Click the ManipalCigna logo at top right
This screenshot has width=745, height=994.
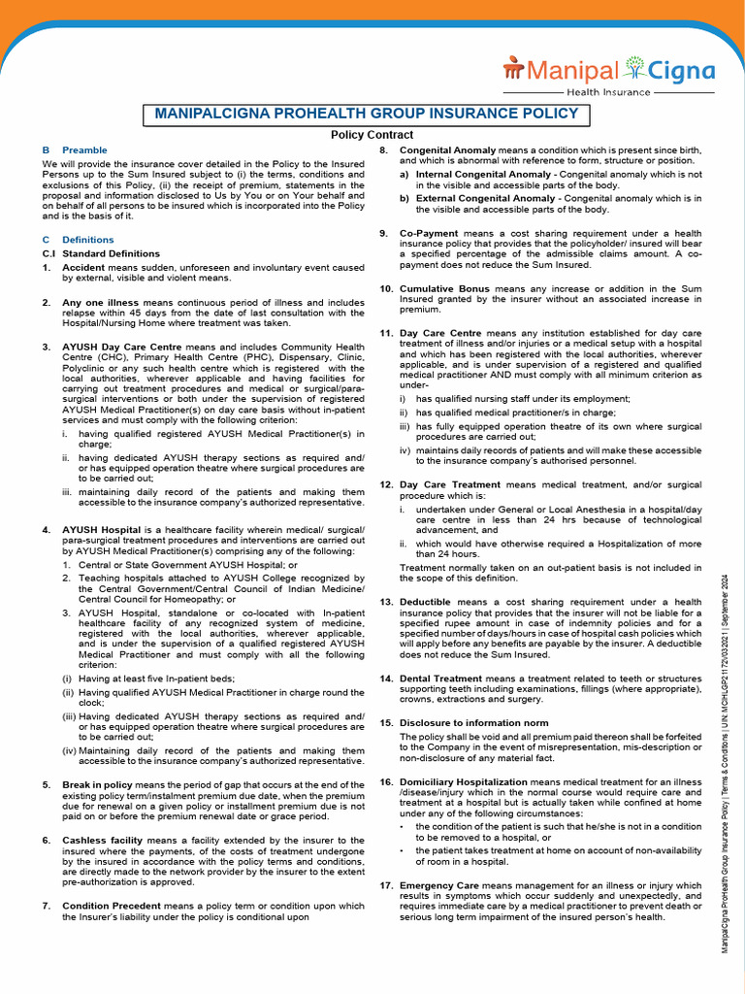point(608,74)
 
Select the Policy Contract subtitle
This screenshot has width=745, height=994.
point(372,135)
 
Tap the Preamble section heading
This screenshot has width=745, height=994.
point(84,150)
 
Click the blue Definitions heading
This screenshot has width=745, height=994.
point(87,240)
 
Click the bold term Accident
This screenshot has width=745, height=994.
point(84,267)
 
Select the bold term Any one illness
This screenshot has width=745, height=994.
point(101,303)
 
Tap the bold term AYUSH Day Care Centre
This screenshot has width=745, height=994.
point(121,347)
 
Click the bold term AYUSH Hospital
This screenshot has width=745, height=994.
point(101,530)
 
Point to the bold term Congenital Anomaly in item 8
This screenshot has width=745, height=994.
point(447,150)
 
